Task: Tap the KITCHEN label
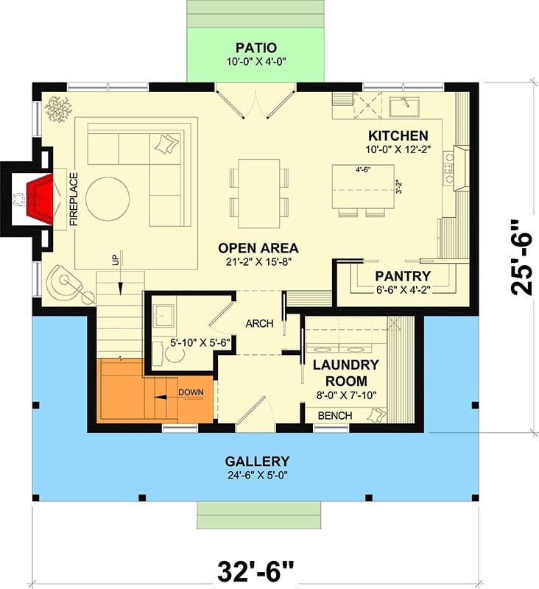[x=398, y=136]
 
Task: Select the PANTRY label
[x=402, y=276]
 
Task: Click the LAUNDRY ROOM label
[x=345, y=373]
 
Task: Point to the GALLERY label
[x=257, y=461]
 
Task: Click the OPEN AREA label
[x=258, y=247]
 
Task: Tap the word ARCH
[x=259, y=322]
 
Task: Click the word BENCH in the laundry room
[x=335, y=417]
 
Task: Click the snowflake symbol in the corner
[x=56, y=109]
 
